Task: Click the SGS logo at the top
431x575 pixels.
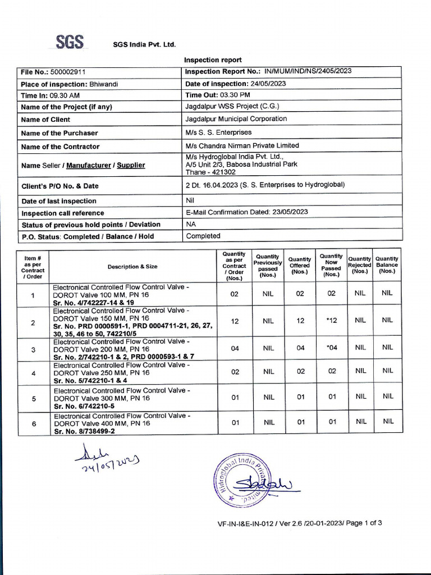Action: click(70, 43)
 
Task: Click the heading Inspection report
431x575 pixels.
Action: click(213, 60)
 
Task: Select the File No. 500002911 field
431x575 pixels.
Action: click(53, 72)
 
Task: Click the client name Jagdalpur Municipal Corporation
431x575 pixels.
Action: click(236, 119)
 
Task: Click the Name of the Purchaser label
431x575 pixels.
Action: click(59, 133)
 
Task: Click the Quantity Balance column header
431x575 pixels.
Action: click(387, 264)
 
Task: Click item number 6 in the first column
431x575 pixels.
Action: click(33, 424)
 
